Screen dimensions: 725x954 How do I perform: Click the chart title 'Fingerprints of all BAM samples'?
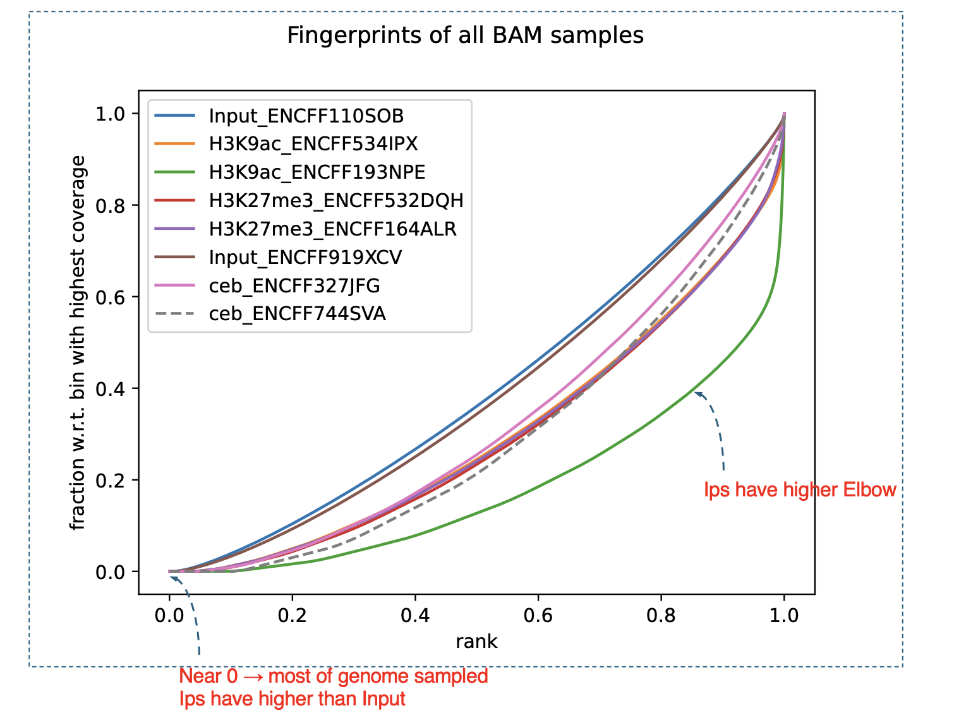[x=465, y=35]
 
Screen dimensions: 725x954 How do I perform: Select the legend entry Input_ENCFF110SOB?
[x=306, y=116]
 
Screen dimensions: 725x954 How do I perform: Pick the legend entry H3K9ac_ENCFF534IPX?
[x=313, y=145]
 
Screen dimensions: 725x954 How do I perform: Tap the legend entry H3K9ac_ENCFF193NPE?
[x=317, y=172]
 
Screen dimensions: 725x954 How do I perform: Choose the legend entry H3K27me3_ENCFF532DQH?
[x=336, y=201]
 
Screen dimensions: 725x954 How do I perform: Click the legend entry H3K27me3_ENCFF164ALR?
[x=332, y=229]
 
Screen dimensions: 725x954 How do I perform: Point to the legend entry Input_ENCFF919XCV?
[x=305, y=258]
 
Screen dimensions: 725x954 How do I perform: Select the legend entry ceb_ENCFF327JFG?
[x=294, y=286]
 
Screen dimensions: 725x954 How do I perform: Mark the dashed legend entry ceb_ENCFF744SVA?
[x=297, y=314]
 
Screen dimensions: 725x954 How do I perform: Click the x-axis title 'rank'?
[x=476, y=642]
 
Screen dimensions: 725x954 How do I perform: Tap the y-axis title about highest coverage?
[x=78, y=343]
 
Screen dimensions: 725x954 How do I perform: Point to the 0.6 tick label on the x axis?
[x=538, y=615]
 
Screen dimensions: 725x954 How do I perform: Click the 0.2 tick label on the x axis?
[x=292, y=615]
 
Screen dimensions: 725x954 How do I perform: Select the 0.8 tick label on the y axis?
[x=109, y=205]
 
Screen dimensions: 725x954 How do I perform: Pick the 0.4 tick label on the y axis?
[x=109, y=388]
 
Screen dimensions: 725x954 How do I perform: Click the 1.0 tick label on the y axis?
[x=109, y=114]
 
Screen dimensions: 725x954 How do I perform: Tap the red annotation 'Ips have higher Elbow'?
[x=800, y=490]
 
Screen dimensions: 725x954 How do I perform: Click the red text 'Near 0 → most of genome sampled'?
[x=334, y=676]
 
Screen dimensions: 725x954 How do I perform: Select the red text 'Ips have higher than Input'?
[x=293, y=699]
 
